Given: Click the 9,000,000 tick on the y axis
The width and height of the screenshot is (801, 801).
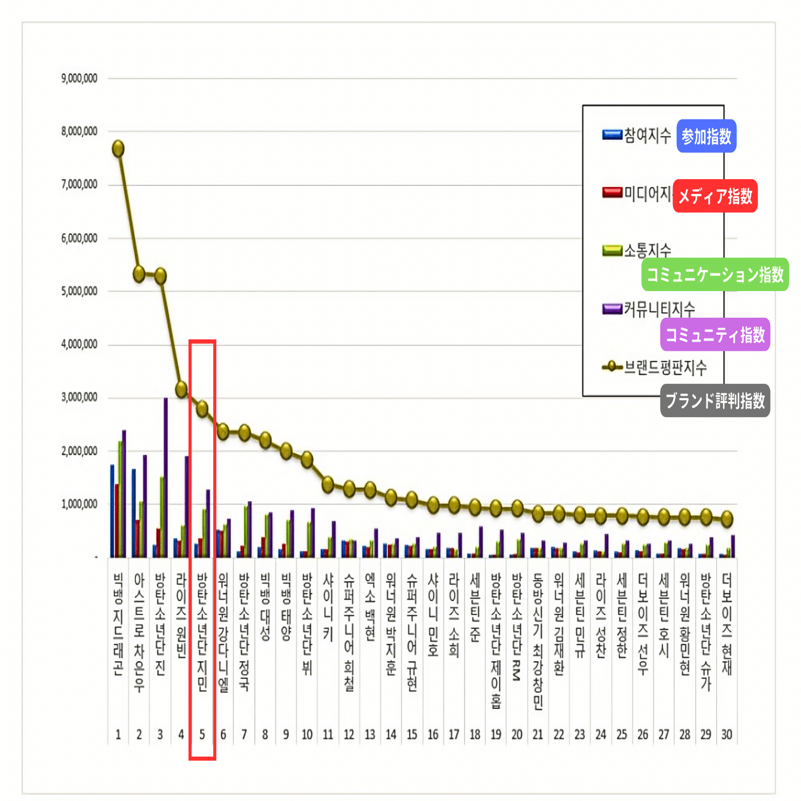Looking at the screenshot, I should pos(79,78).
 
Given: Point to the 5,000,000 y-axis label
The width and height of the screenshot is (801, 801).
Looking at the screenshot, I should pos(79,291).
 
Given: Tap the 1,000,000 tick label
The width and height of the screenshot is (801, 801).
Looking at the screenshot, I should pos(79,504).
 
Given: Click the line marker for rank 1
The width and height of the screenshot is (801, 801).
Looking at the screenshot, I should pos(118,148).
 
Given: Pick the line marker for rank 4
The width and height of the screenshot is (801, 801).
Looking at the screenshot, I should pos(181,389).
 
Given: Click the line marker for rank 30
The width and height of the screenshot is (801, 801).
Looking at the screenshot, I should pos(727,518).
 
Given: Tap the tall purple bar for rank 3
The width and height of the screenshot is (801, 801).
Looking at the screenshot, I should pos(165,478).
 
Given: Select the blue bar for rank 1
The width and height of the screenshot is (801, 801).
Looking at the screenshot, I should pos(113,511).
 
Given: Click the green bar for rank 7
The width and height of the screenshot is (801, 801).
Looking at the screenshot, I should pos(246,531).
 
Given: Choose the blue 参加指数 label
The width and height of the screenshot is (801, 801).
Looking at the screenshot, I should pos(706,136).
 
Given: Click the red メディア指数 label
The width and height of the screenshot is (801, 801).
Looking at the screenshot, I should pos(715,196).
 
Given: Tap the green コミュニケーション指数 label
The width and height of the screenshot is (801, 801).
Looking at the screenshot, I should pos(715,275).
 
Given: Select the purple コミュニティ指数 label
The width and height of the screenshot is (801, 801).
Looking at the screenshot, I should pos(715,335).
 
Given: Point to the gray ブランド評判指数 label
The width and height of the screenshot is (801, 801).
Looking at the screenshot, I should pos(715,401).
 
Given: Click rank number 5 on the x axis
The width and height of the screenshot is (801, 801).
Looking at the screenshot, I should pos(202,734).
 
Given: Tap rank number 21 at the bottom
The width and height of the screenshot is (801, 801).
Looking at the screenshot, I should pos(538,734).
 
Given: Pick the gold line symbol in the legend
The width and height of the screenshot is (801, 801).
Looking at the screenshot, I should pos(612,367).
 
